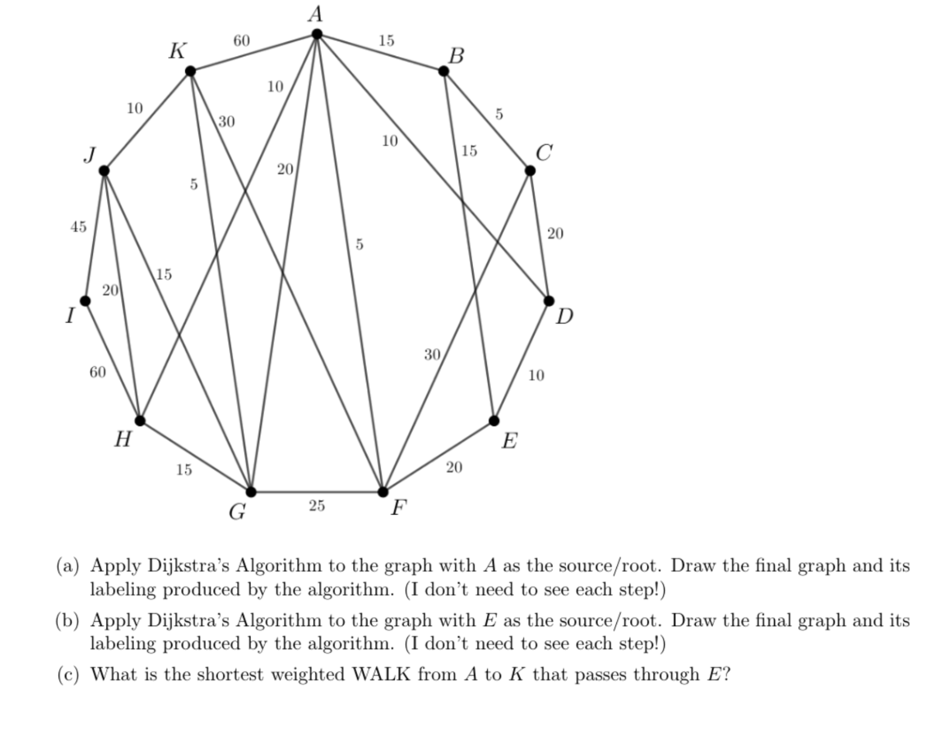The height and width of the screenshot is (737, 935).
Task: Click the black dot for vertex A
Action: (x=316, y=34)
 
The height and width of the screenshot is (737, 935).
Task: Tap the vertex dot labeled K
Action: (x=190, y=71)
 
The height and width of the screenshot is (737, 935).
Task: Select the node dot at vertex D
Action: (x=549, y=301)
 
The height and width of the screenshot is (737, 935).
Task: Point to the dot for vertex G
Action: (x=251, y=491)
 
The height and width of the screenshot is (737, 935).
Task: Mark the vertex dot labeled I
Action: (x=85, y=301)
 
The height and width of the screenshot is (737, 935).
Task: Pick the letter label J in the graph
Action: (x=90, y=155)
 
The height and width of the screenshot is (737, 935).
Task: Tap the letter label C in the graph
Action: (x=544, y=153)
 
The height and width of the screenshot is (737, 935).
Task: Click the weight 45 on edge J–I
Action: (x=78, y=226)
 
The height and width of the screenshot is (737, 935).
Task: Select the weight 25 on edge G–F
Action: (x=316, y=506)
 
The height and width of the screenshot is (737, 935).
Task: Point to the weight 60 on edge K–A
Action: (x=241, y=41)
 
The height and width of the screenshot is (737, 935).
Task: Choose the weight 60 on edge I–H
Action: (x=98, y=372)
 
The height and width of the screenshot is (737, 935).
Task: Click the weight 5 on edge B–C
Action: (x=499, y=114)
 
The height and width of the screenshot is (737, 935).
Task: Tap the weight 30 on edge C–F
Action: (x=432, y=354)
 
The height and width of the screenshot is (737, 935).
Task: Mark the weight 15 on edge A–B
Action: (x=386, y=40)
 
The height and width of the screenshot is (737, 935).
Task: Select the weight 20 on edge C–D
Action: (x=555, y=234)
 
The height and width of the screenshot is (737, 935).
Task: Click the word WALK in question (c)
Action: (x=381, y=674)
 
